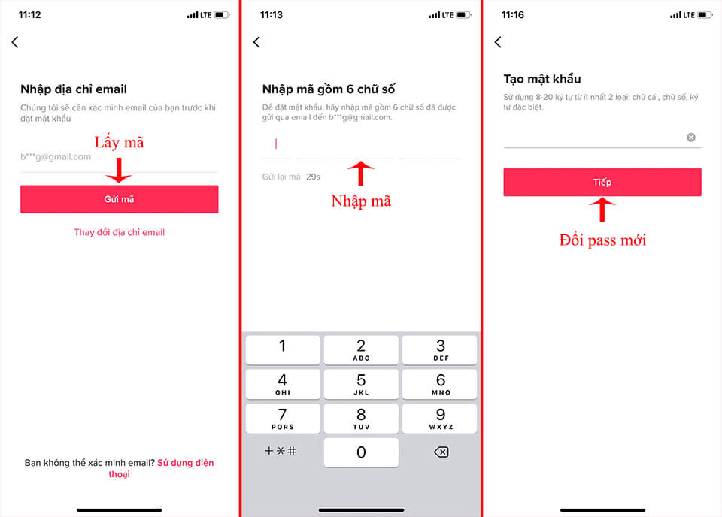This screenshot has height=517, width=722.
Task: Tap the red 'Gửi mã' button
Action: [119, 199]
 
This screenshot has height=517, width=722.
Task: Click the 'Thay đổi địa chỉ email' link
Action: [119, 232]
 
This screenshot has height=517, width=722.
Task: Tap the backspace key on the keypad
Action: [441, 452]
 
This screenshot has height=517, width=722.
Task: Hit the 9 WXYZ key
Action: [441, 418]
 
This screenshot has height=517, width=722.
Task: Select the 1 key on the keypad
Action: [283, 349]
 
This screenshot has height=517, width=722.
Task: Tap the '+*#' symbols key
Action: [281, 452]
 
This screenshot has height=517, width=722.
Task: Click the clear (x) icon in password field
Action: [691, 138]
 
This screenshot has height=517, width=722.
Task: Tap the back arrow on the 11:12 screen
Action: [15, 43]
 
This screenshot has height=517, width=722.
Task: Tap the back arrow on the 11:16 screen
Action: [498, 43]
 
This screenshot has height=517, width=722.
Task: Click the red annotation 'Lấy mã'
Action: [118, 142]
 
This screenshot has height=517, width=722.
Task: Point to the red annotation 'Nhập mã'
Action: [361, 201]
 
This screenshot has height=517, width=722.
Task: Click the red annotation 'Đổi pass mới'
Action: [602, 240]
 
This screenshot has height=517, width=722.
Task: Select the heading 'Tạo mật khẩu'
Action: [541, 79]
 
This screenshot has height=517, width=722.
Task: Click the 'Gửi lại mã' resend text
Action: [281, 177]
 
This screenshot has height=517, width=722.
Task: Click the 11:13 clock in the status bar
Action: [271, 14]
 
